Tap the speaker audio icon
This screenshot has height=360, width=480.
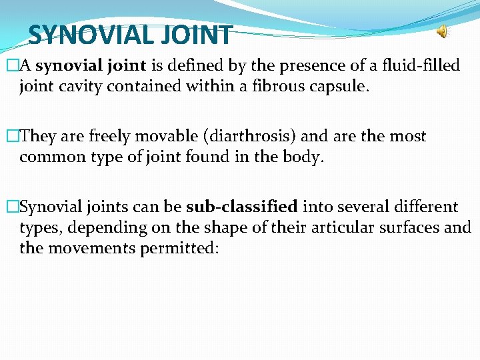click(x=443, y=31)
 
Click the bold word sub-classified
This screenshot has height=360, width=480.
click(x=242, y=207)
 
